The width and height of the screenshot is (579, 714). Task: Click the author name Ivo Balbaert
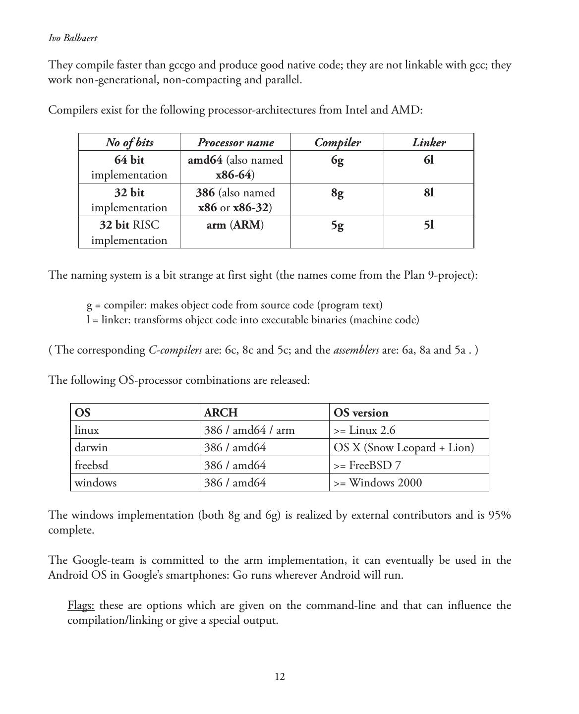point(72,38)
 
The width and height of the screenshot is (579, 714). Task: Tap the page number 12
point(280,677)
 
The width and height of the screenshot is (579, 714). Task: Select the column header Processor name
point(235,143)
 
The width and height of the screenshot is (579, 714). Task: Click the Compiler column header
point(338,143)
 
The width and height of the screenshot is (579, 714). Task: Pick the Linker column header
point(429,143)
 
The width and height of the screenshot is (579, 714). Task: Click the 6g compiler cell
point(337,160)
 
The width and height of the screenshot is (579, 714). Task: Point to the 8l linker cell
point(429,193)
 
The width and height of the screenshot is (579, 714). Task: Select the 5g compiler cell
point(337,226)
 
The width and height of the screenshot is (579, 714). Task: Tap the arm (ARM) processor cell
point(235,225)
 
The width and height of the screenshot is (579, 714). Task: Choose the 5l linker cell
point(429,225)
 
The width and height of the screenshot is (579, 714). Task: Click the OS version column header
point(361,413)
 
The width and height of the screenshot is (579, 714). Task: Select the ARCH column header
point(221,413)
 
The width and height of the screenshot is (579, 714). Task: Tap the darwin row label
point(91,448)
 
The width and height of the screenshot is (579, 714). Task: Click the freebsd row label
point(91,466)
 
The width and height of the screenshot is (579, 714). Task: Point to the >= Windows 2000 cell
point(378,483)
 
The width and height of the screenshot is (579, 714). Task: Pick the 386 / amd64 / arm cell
point(249,430)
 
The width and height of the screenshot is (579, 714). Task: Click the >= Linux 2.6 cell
point(364,430)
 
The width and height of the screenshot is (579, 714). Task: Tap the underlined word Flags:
point(81,605)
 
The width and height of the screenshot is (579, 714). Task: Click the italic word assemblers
point(356,351)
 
